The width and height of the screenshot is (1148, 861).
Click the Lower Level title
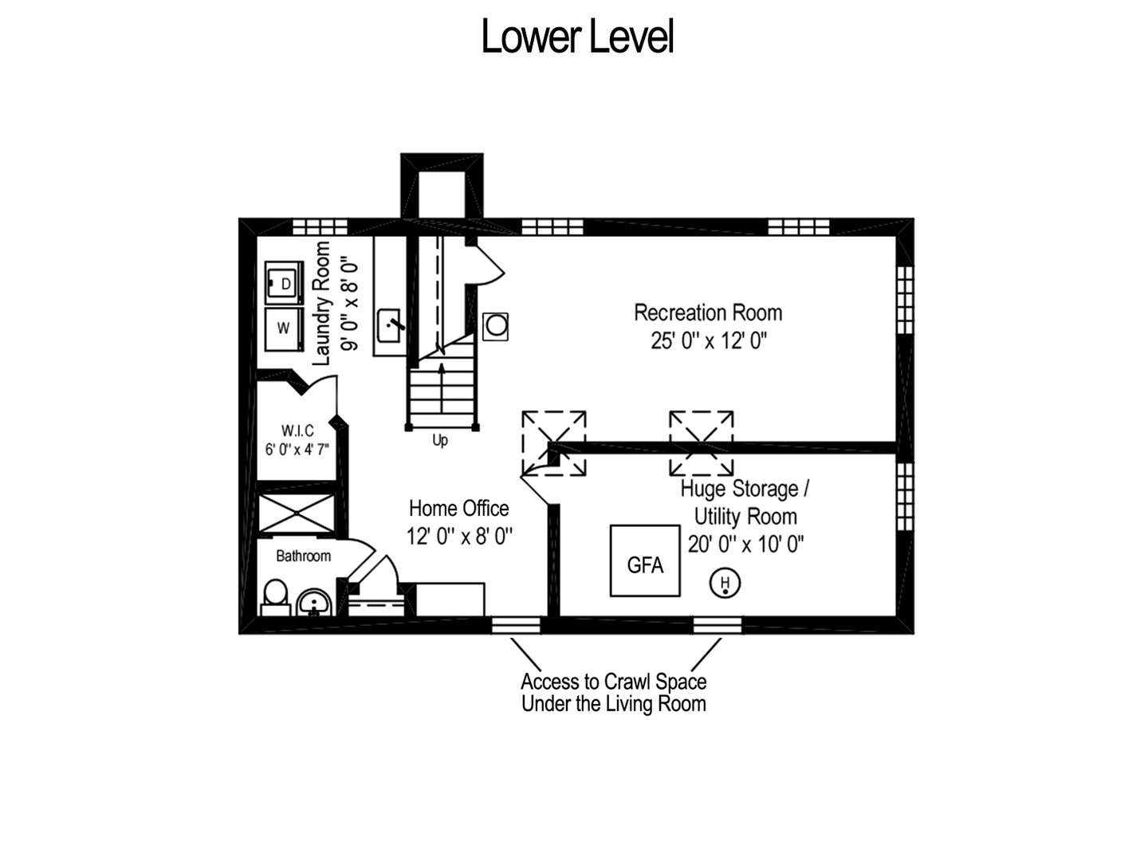(577, 37)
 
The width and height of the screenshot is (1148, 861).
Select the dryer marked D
(284, 283)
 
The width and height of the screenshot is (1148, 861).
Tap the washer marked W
(284, 328)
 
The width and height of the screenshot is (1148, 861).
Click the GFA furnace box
(645, 560)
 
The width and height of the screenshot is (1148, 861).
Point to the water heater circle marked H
(725, 583)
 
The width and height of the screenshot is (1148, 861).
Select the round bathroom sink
(314, 603)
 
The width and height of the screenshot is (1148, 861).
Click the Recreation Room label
(708, 313)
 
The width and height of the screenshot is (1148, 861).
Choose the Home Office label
(458, 508)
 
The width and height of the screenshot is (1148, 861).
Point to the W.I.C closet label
(297, 431)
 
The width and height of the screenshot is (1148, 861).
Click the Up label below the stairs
(440, 441)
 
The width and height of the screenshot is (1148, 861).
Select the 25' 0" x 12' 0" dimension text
(709, 341)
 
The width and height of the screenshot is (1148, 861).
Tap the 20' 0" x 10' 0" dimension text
(745, 545)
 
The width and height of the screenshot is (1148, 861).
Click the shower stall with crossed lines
(297, 513)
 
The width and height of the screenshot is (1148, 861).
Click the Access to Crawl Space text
(614, 682)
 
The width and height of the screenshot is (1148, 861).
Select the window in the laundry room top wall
(320, 227)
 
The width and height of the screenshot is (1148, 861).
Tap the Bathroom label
(304, 556)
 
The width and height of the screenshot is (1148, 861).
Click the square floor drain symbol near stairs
(495, 326)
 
